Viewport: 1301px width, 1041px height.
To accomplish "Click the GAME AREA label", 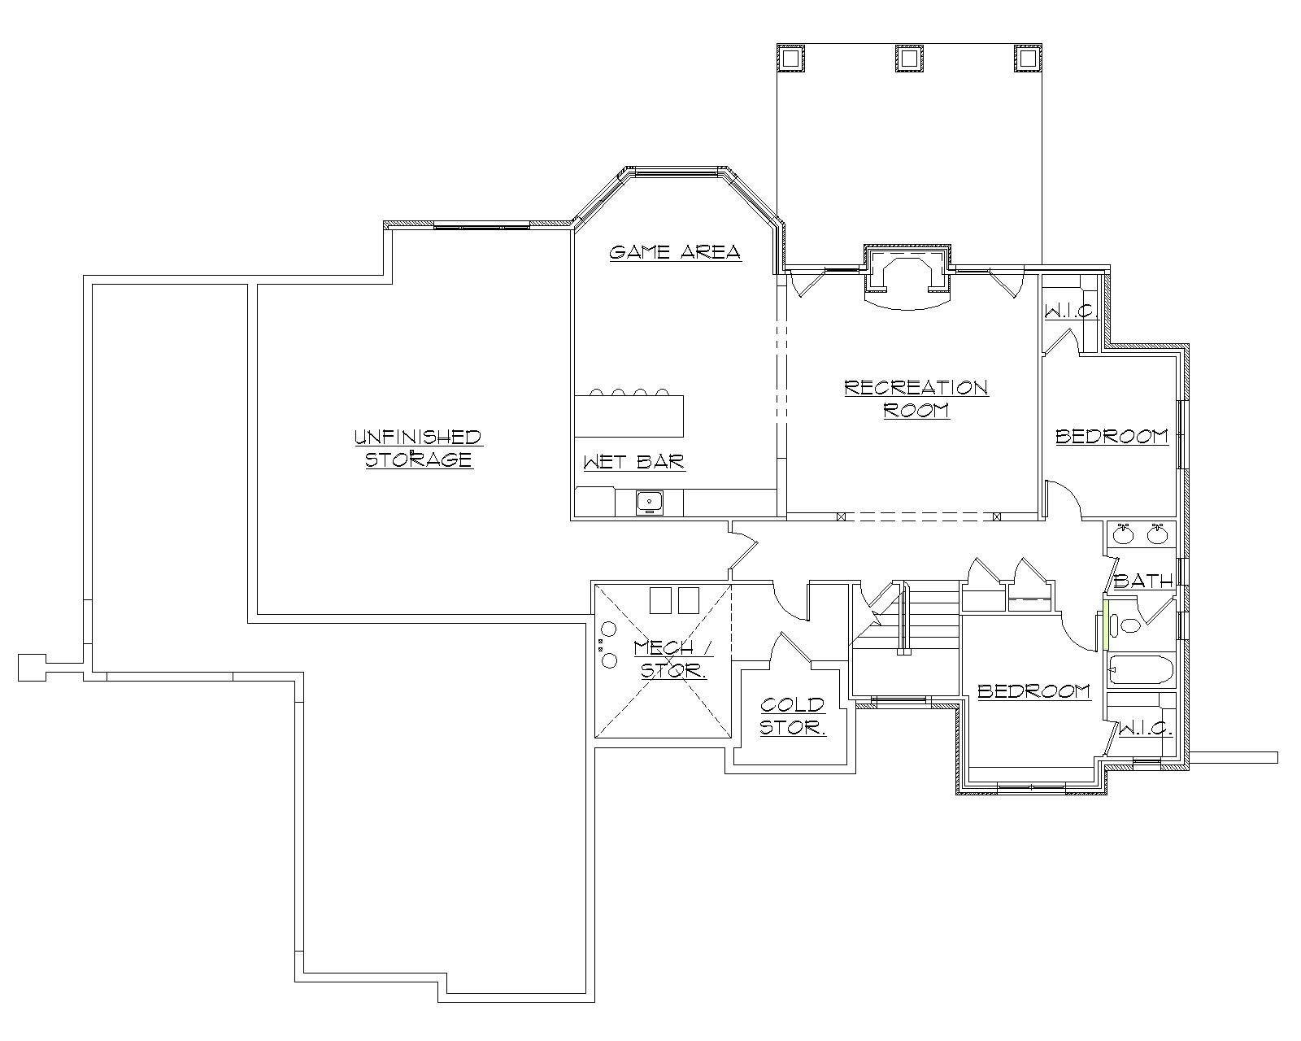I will (x=675, y=252).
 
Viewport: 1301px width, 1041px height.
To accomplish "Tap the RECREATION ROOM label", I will (x=916, y=399).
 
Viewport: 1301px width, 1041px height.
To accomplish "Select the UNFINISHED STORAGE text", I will (x=418, y=448).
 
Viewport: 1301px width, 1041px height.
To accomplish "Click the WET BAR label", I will (x=634, y=463).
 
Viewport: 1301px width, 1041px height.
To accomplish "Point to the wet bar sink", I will (x=649, y=503).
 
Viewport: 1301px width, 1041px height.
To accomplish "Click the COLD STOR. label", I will (x=793, y=716).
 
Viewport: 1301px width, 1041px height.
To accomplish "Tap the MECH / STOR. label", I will (x=673, y=659).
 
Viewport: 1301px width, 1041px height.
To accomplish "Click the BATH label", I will (x=1143, y=581).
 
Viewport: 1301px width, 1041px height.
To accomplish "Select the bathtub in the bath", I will (x=1141, y=672).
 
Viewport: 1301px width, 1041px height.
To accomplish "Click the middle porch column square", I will (x=909, y=59).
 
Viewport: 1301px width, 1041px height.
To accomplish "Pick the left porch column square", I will (x=790, y=59).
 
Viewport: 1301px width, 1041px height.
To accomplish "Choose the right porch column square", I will (x=1028, y=59).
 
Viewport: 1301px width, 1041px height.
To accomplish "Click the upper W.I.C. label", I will (x=1072, y=311).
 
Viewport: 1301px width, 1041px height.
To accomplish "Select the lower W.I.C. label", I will (x=1146, y=728).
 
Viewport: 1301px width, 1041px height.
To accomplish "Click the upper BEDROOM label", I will (x=1112, y=437).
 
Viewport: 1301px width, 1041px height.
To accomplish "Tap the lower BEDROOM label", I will (x=1033, y=691).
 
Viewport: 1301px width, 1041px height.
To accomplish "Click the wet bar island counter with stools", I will (x=629, y=416).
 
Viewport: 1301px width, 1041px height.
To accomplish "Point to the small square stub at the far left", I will (x=31, y=667).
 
